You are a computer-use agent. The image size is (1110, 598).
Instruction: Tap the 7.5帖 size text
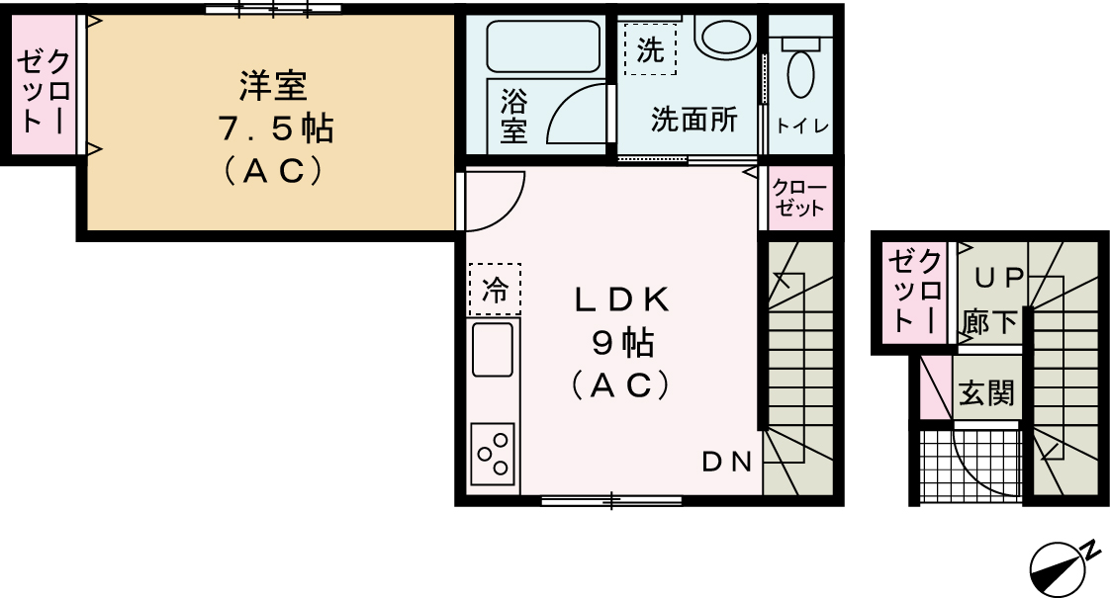point(274,129)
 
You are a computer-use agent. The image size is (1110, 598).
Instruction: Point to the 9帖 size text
point(621,343)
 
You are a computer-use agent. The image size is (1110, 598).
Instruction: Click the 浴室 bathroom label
point(513,116)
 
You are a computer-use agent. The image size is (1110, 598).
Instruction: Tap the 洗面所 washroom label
point(694,121)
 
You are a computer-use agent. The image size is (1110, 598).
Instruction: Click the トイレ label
point(802,126)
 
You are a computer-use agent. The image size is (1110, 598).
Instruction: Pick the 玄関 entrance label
point(985,392)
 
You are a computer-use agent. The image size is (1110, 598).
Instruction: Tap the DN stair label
point(729,462)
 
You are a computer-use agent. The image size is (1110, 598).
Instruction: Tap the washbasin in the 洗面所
point(726,34)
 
